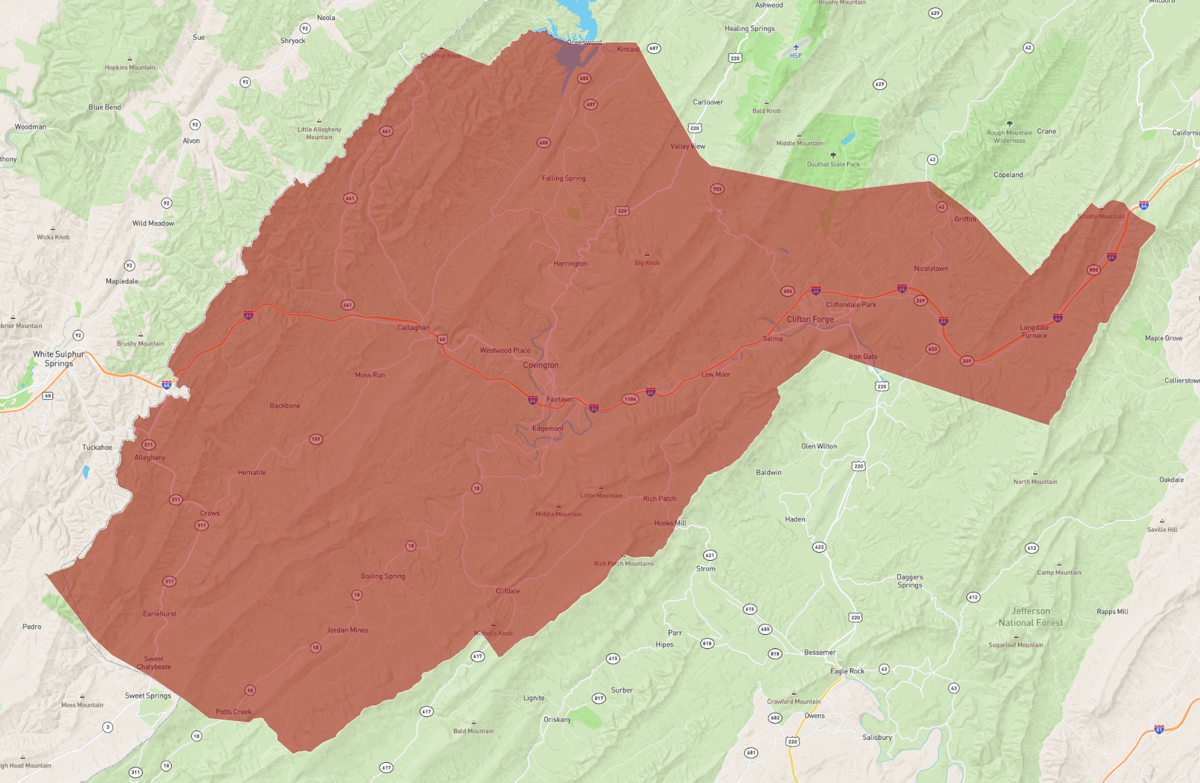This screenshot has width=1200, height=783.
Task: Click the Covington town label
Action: click(x=541, y=365)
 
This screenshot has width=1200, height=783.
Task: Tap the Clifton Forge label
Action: click(x=810, y=319)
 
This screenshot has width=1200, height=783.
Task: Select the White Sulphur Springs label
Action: click(x=59, y=359)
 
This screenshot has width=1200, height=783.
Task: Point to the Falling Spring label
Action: click(x=564, y=178)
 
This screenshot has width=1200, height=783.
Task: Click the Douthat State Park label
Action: click(x=833, y=164)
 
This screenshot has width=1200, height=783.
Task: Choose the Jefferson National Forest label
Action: click(x=1030, y=617)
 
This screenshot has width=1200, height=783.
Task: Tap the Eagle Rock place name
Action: click(x=846, y=671)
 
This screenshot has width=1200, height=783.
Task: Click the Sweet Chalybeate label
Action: click(x=154, y=663)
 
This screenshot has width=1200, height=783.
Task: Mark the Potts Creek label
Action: click(x=234, y=712)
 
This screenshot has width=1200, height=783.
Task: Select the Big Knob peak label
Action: click(x=647, y=263)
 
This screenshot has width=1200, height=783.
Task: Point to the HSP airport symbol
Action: click(x=796, y=47)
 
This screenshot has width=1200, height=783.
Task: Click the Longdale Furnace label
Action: click(x=1034, y=331)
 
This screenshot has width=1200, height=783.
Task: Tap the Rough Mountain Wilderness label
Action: click(x=1009, y=137)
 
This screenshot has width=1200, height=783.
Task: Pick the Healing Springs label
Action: click(x=749, y=28)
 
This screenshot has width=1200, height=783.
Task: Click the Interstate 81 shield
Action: click(x=1159, y=729)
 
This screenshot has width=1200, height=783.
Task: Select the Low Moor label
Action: click(x=716, y=374)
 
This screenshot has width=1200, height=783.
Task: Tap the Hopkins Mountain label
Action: click(x=130, y=67)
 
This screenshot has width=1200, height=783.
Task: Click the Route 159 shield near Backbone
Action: click(x=316, y=439)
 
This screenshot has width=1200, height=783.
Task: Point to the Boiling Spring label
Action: click(x=382, y=576)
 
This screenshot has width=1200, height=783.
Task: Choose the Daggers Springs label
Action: click(x=910, y=581)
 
